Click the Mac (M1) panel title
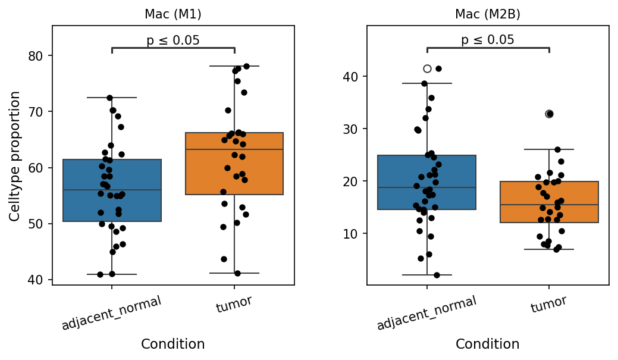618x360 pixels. pyautogui.click(x=173, y=14)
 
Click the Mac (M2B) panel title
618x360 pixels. pyautogui.click(x=488, y=14)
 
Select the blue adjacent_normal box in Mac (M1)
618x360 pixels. pyautogui.click(x=112, y=190)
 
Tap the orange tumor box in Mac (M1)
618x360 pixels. pyautogui.click(x=234, y=164)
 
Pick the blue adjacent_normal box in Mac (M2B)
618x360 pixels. pyautogui.click(x=427, y=182)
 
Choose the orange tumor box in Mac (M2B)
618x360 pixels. pyautogui.click(x=549, y=202)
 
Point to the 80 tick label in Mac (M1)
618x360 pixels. pyautogui.click(x=35, y=56)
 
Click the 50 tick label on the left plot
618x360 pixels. pyautogui.click(x=35, y=224)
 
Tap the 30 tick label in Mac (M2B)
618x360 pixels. pyautogui.click(x=350, y=129)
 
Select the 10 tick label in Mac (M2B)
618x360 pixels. pyautogui.click(x=350, y=234)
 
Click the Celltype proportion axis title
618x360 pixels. pyautogui.click(x=15, y=156)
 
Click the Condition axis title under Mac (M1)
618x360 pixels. pyautogui.click(x=173, y=344)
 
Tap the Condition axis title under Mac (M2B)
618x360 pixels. pyautogui.click(x=488, y=344)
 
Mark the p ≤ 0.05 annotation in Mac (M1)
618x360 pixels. pyautogui.click(x=173, y=40)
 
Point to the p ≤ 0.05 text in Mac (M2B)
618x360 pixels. pyautogui.click(x=488, y=39)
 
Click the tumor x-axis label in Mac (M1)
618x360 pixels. pyautogui.click(x=234, y=303)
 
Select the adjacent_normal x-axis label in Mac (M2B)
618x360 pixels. pyautogui.click(x=427, y=312)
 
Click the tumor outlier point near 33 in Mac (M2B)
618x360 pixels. pyautogui.click(x=549, y=114)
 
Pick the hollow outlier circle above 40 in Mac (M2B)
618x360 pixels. pyautogui.click(x=427, y=68)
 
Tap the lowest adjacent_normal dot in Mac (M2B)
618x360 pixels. pyautogui.click(x=437, y=275)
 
